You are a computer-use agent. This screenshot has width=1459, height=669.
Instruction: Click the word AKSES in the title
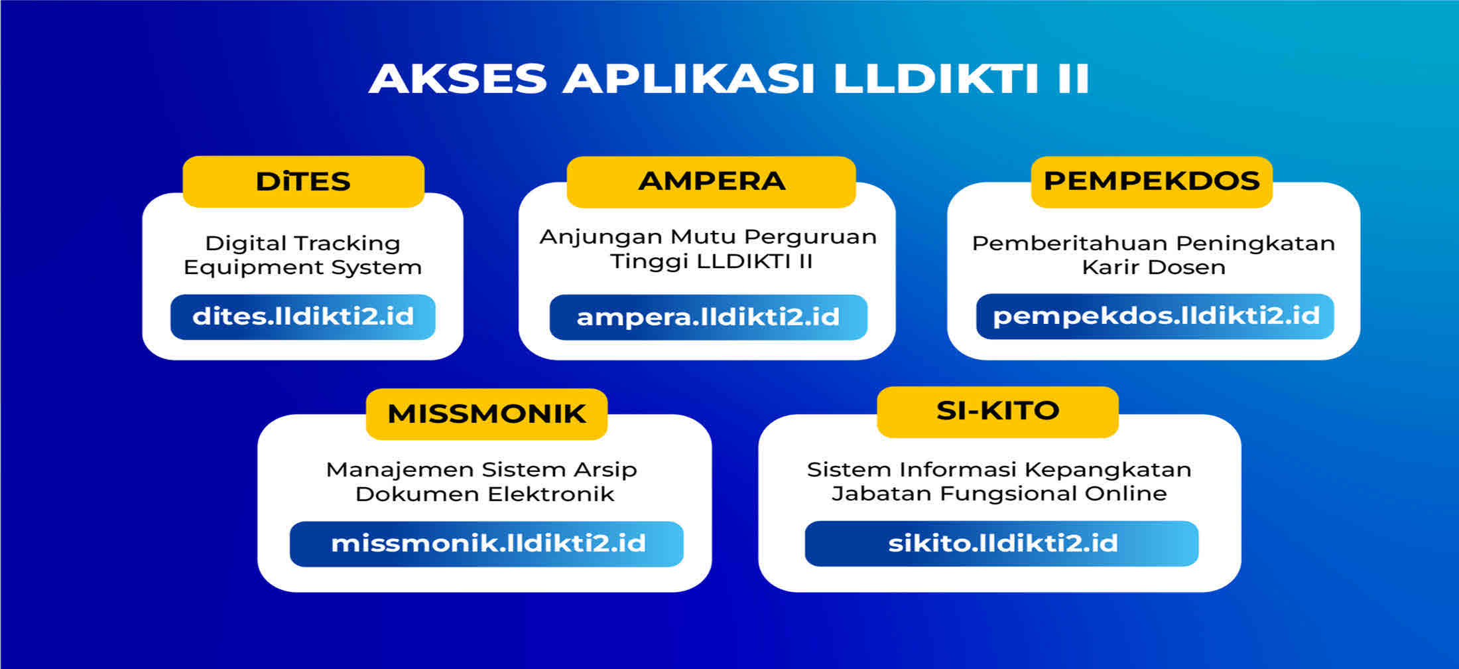pos(458,78)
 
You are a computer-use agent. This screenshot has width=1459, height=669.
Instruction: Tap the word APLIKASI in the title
pos(688,78)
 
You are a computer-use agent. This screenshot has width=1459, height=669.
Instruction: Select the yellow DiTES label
pos(303,181)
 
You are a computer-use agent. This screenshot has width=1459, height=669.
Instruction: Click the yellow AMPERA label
pos(711,181)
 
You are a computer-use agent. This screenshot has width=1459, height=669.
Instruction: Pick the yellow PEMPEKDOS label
pos(1151,181)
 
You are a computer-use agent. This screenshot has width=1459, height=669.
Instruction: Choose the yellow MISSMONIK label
pos(487,413)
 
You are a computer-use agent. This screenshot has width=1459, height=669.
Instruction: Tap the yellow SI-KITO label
pos(997,411)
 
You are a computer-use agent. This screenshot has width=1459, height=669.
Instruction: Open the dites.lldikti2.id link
pos(303,317)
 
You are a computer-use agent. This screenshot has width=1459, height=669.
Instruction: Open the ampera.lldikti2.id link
pos(708,317)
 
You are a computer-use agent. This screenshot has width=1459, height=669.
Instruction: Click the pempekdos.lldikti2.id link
pos(1155,316)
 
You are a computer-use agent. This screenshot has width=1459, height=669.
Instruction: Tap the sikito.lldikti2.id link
pos(1002,544)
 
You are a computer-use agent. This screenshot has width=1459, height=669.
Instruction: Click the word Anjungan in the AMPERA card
pos(600,237)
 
